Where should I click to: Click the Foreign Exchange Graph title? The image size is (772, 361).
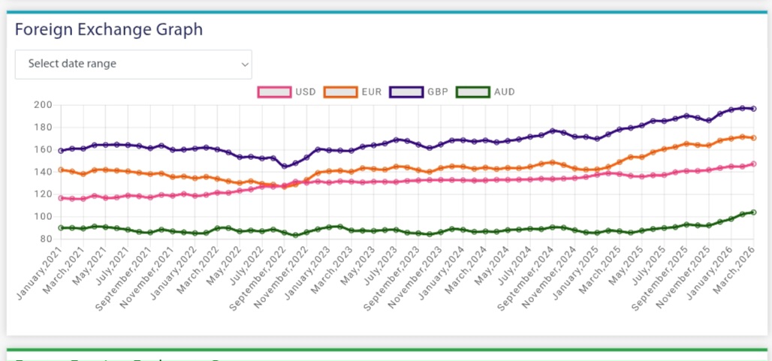[109, 30]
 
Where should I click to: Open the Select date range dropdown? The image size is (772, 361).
[133, 65]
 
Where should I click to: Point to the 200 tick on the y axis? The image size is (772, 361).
[43, 105]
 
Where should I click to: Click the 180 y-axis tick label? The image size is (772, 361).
[43, 128]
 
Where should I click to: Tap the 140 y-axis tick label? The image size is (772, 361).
[43, 172]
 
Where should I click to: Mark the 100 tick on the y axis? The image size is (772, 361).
[43, 217]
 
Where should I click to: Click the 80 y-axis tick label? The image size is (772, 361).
[45, 239]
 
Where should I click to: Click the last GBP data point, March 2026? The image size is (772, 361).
[753, 109]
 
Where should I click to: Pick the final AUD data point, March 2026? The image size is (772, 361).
[753, 212]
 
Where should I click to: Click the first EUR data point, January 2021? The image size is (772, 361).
[61, 170]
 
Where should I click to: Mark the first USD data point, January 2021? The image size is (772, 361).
[61, 198]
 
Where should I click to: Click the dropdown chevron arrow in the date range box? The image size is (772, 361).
[245, 65]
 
